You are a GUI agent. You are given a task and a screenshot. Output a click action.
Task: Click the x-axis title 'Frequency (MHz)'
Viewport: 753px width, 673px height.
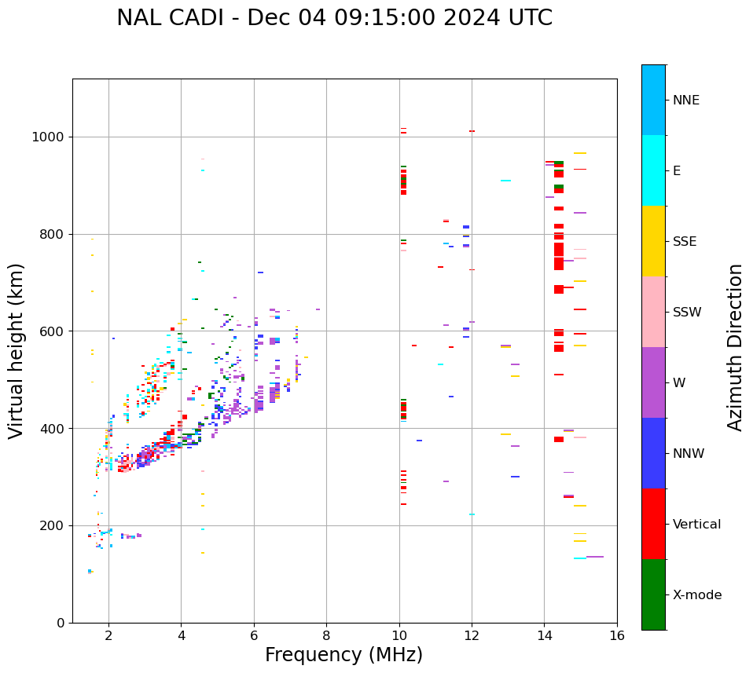(x=343, y=655)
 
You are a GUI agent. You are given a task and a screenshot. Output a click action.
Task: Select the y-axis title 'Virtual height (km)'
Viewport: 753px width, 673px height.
(x=17, y=350)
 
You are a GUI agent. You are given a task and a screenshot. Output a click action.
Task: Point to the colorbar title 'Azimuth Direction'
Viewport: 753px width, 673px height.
(x=735, y=346)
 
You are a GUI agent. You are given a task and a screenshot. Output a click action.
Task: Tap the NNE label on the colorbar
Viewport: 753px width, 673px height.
(x=685, y=101)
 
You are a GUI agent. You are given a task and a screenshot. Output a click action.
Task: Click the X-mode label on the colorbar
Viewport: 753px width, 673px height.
(x=696, y=595)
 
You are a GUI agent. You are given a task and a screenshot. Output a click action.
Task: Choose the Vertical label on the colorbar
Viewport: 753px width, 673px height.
(x=696, y=525)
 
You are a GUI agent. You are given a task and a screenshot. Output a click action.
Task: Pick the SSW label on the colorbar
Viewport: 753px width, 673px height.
(x=687, y=313)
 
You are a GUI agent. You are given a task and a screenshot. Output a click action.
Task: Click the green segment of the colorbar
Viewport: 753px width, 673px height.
(x=653, y=594)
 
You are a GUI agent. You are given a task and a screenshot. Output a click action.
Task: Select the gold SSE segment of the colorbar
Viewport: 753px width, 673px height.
(x=653, y=241)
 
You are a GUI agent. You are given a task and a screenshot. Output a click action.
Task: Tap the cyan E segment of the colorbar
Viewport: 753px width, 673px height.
(x=653, y=170)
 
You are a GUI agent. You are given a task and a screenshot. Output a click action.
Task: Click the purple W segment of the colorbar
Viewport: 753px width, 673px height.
(x=653, y=382)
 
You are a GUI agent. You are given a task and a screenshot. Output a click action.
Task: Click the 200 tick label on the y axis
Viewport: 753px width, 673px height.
(x=56, y=526)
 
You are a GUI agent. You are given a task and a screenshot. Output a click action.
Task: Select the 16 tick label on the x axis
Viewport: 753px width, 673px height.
(x=617, y=635)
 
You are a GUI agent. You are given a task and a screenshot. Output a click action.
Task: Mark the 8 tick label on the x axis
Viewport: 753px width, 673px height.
(x=326, y=635)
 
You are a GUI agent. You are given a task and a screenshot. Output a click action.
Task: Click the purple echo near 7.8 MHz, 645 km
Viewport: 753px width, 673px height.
(x=318, y=309)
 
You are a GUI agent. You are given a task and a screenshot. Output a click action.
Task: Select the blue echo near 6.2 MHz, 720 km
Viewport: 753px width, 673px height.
(x=260, y=272)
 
